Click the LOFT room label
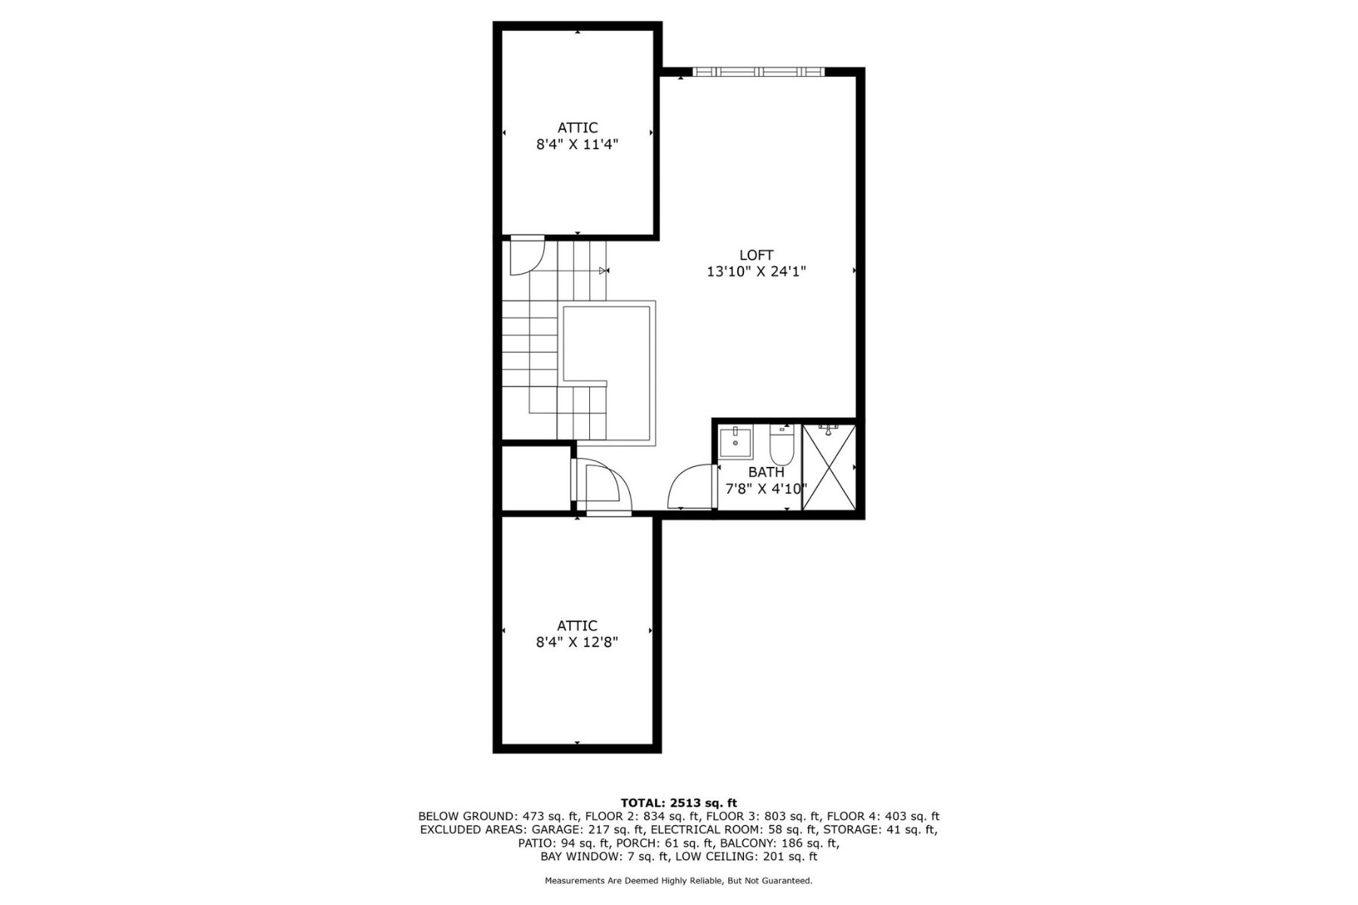[x=756, y=255]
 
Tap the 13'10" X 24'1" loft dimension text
[x=756, y=271]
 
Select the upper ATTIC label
[x=578, y=128]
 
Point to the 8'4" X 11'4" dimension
[x=577, y=145]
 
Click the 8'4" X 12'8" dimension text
[x=577, y=643]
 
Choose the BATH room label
[x=767, y=472]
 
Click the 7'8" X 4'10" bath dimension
[x=767, y=489]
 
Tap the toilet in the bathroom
[x=781, y=445]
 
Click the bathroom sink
[x=736, y=442]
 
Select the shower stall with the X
[x=829, y=468]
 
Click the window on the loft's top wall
[x=759, y=72]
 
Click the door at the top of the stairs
[x=527, y=256]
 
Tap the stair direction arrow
[x=604, y=270]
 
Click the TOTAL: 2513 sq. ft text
[x=678, y=802]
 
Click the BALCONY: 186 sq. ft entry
[x=779, y=843]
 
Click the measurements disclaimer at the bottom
[x=679, y=881]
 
